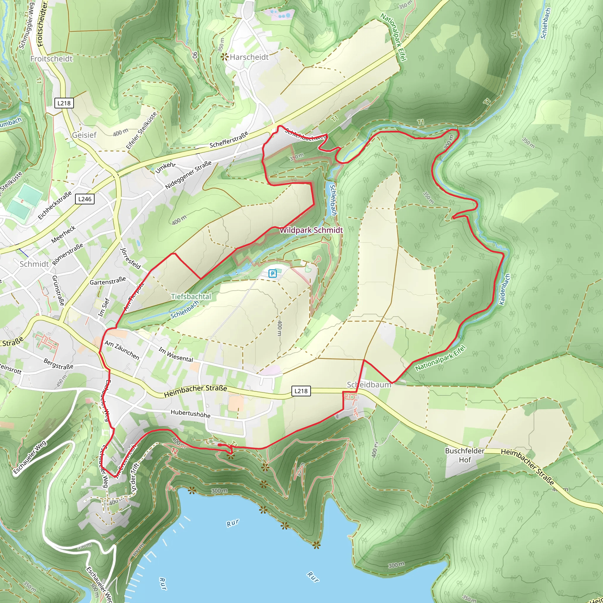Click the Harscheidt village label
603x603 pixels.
point(249,57)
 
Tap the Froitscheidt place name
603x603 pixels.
point(52,59)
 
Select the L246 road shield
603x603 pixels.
point(85,199)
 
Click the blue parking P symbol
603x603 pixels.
point(272,274)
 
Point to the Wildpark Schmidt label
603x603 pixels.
point(311,230)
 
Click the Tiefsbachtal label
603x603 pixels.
point(191,296)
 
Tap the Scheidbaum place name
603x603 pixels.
point(369,385)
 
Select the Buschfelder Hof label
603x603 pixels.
point(464,455)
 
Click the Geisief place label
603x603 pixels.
point(84,135)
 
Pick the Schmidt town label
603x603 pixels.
point(34,264)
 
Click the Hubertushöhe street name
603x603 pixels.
point(190,414)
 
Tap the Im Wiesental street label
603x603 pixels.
point(176,354)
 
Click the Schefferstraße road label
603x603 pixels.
point(229,140)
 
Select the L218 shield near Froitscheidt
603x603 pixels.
point(64,103)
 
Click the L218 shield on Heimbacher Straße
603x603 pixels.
point(301,391)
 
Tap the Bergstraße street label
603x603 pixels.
point(58,364)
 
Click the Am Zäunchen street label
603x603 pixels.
point(122,350)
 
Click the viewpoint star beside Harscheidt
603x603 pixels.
point(224,57)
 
